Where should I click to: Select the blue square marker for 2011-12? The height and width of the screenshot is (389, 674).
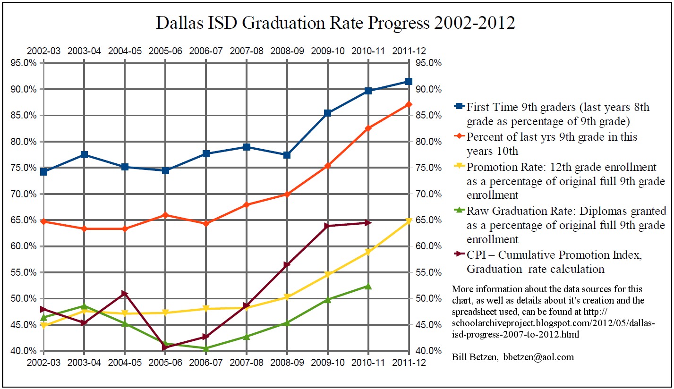(409, 82)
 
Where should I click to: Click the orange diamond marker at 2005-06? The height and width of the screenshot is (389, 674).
(165, 215)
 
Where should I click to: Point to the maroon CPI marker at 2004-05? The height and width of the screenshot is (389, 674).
(125, 294)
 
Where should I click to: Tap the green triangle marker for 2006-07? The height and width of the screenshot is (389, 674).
(206, 348)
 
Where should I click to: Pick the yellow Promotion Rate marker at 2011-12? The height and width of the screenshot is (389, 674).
(409, 220)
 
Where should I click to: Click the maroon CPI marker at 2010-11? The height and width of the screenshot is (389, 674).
(368, 223)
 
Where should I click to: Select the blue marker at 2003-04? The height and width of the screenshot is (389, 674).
(84, 154)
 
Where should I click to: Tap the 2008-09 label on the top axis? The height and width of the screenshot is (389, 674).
(287, 51)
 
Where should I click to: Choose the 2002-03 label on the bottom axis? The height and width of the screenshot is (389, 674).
(44, 363)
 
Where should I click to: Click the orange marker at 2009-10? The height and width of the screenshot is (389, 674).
(327, 166)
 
